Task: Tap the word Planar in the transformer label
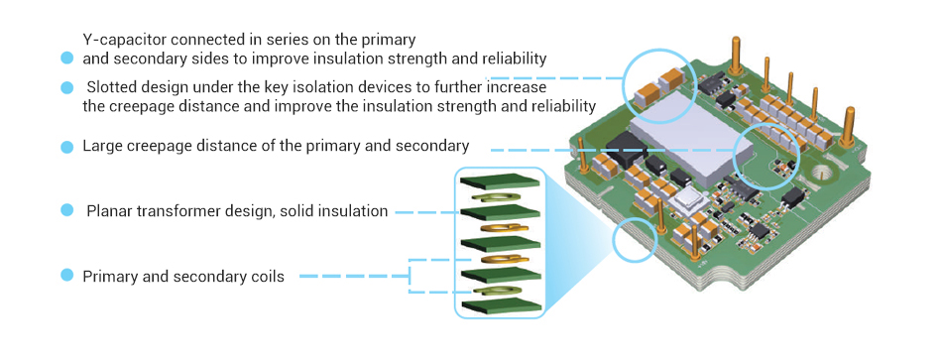tap(109, 210)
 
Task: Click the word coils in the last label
tap(265, 277)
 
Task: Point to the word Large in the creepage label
tap(102, 146)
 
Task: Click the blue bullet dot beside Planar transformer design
tap(66, 210)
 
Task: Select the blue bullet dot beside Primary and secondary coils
tap(66, 276)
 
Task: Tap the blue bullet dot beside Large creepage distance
tap(66, 147)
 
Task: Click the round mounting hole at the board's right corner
tap(820, 180)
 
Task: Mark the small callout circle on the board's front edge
tap(635, 240)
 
